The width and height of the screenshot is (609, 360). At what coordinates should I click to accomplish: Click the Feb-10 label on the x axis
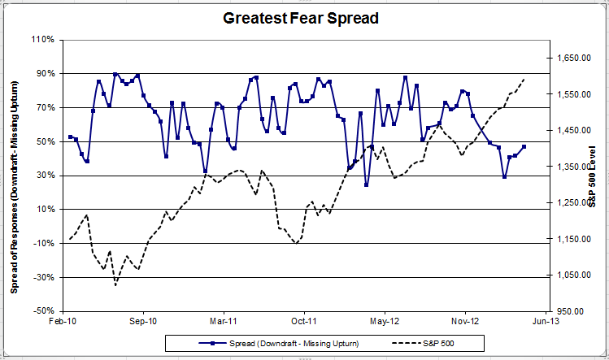click(x=63, y=322)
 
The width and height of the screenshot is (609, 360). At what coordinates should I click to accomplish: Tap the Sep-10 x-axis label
click(x=143, y=322)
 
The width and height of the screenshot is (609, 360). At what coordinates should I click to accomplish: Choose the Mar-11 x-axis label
click(x=224, y=322)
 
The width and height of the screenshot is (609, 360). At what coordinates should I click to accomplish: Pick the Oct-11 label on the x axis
click(x=304, y=322)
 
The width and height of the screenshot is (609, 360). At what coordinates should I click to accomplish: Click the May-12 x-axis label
click(x=385, y=322)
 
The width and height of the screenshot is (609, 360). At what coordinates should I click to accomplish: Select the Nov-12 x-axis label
click(x=465, y=322)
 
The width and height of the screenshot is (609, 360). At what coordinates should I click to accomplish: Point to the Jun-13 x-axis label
click(x=546, y=322)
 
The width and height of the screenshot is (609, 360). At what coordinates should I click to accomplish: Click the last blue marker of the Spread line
click(x=524, y=146)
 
